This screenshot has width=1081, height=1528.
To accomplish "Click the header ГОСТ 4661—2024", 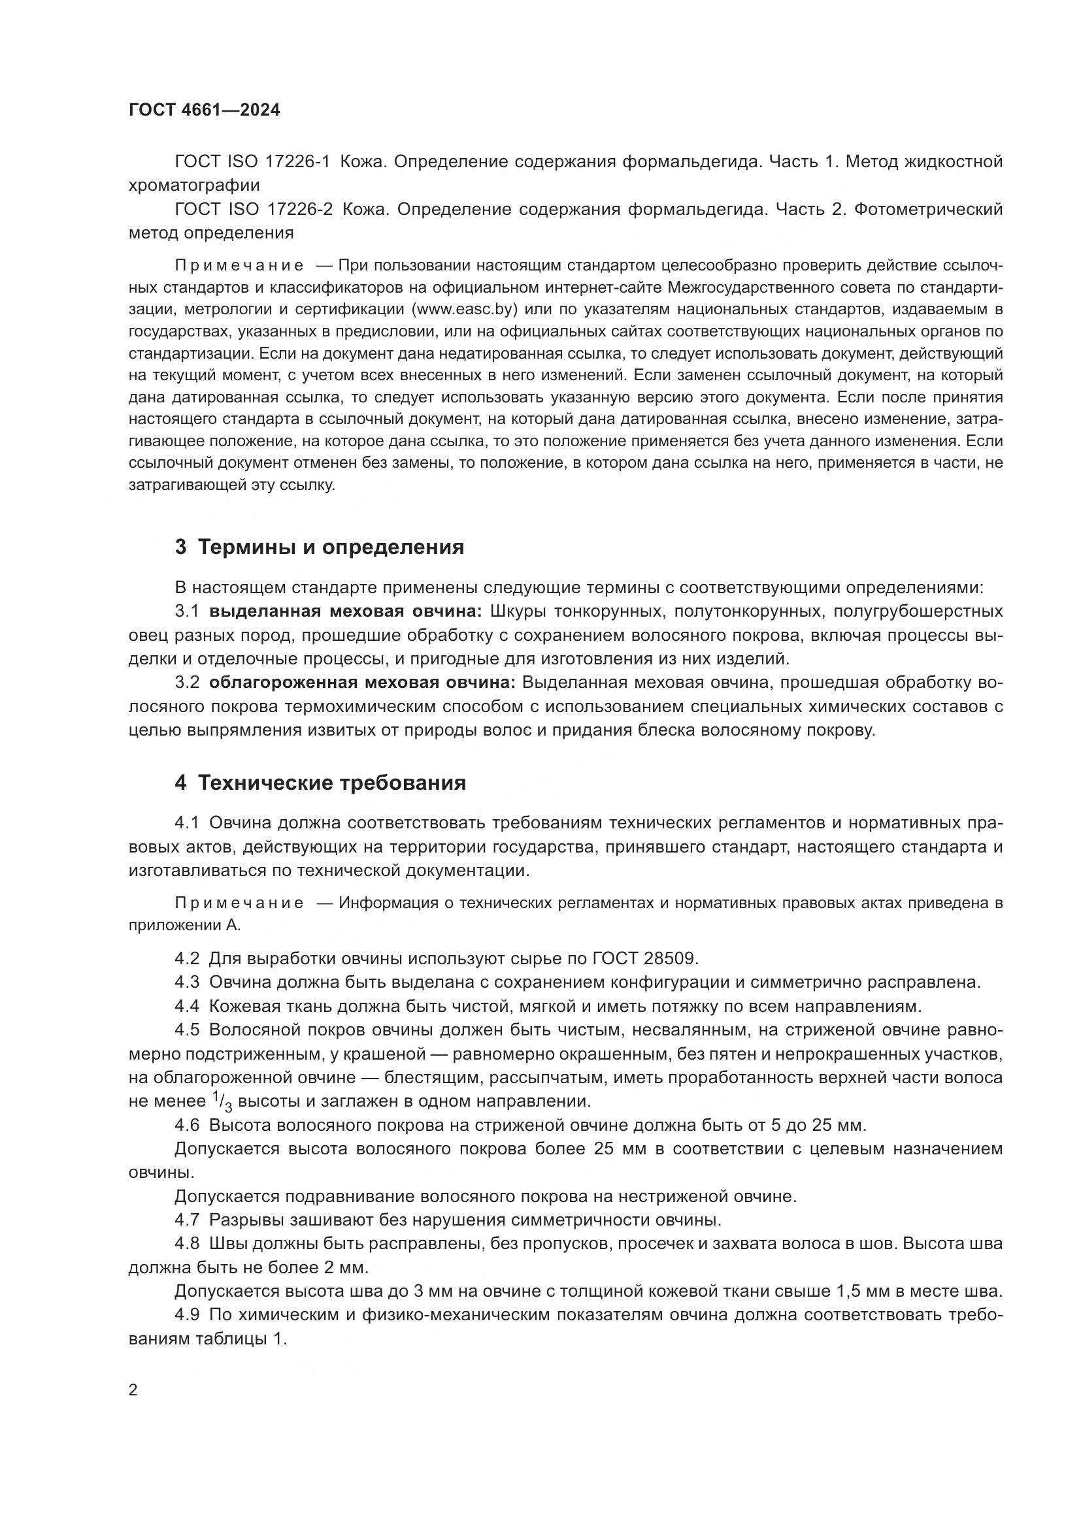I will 205,110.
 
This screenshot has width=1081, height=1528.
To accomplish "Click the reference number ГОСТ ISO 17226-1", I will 252,162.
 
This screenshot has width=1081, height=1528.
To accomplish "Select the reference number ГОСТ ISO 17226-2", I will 254,210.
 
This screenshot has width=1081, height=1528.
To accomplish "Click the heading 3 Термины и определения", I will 320,547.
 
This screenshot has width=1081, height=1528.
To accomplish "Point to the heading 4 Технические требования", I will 320,783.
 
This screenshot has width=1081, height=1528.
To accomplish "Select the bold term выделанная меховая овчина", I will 349,611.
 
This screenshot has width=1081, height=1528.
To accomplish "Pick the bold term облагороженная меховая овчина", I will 362,683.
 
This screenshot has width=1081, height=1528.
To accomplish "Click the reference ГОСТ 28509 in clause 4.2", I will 644,958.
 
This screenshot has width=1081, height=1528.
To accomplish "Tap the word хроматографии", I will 193,185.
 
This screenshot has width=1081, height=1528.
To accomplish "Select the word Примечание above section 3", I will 239,266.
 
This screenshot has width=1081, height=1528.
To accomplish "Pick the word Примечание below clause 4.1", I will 239,903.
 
